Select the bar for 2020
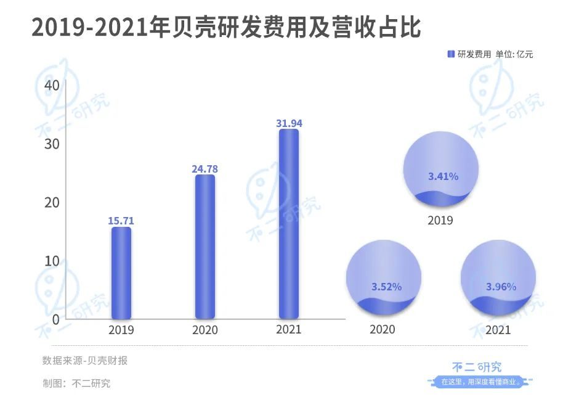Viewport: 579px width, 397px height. [205, 246]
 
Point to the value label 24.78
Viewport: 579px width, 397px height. [205, 168]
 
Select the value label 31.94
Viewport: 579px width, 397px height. [289, 123]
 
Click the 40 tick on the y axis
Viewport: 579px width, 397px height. [52, 86]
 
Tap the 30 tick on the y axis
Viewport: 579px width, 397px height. [52, 144]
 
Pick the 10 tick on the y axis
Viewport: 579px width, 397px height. [52, 261]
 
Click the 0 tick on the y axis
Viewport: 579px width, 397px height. [55, 319]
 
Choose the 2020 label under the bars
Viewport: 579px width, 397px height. [205, 330]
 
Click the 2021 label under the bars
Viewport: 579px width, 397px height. [289, 330]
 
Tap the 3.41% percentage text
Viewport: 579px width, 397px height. [443, 176]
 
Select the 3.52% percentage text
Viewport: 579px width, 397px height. [386, 287]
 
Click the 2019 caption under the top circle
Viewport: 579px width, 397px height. [440, 220]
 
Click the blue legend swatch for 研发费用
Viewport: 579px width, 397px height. [451, 54]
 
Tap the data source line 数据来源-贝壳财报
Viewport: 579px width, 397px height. [85, 361]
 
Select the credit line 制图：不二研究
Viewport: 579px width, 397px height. [76, 383]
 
